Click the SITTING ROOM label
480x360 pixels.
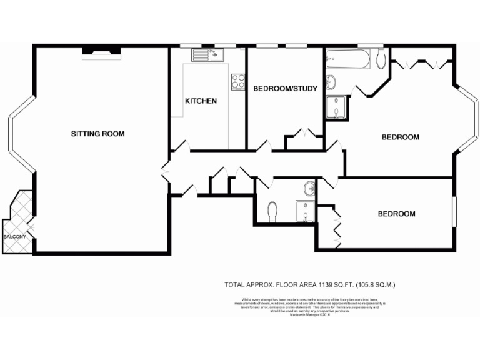(x=97, y=134)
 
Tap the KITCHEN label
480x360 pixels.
(x=201, y=101)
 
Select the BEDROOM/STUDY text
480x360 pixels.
(x=285, y=89)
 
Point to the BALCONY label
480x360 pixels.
(x=14, y=237)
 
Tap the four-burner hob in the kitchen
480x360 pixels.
(x=238, y=82)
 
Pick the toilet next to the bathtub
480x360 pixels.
(x=381, y=60)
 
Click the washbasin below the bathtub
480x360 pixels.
(x=331, y=82)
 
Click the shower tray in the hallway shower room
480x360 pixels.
(x=304, y=211)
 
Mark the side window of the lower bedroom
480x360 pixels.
(x=454, y=213)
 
